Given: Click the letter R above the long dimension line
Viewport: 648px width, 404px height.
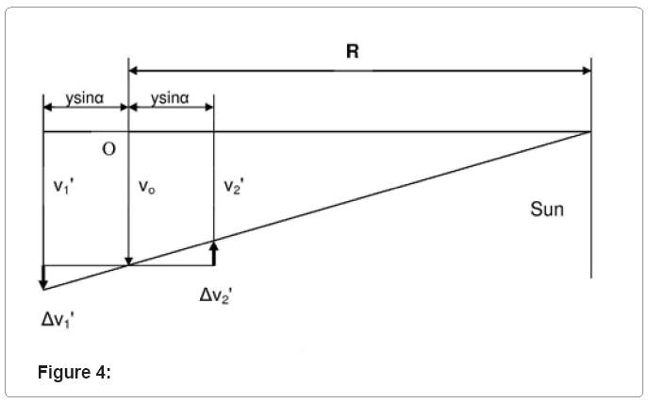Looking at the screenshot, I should click(352, 52).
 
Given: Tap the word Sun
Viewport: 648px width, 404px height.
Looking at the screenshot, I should click(547, 209).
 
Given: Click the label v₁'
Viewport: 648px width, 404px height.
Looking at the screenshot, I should click(64, 186).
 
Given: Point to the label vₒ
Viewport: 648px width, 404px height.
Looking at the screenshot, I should click(146, 187).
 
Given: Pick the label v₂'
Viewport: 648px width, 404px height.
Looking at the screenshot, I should click(233, 186).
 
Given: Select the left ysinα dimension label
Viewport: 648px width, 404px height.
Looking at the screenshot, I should click(85, 98).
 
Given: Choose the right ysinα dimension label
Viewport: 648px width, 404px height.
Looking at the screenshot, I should click(171, 98).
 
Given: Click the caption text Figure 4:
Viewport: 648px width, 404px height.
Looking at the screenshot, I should click(75, 372).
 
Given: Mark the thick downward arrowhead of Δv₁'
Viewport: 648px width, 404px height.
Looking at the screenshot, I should click(43, 281).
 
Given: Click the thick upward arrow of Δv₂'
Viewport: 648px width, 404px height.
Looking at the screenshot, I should click(214, 251).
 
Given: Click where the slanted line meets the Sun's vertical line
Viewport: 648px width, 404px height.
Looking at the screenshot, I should click(590, 132).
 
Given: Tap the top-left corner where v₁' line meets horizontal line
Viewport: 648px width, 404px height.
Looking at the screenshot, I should click(43, 132).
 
